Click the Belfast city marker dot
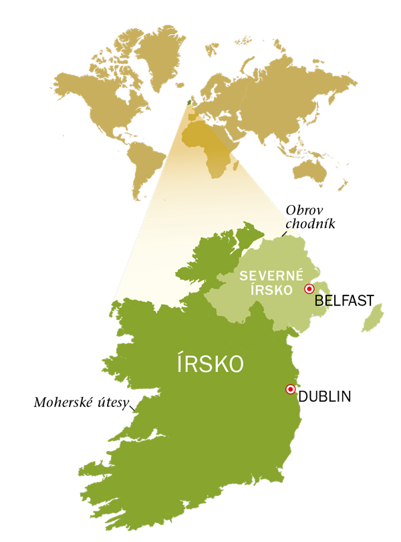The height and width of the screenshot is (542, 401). coord(309,289)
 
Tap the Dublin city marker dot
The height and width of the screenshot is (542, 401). coord(290,389)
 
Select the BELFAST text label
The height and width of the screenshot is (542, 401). coord(344,300)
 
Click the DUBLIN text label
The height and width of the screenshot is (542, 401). coord(324,396)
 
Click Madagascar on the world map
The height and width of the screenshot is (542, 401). coord(235,160)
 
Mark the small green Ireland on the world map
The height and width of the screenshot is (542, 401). coord(188,102)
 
